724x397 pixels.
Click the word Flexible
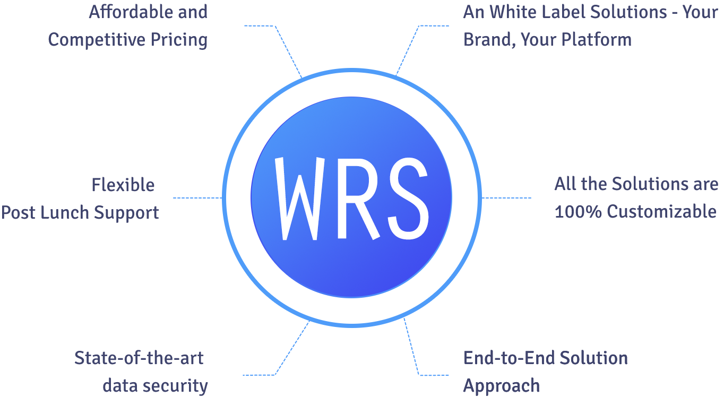pyautogui.click(x=123, y=185)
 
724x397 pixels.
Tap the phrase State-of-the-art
pyautogui.click(x=139, y=358)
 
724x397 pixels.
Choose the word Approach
pyautogui.click(x=502, y=386)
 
